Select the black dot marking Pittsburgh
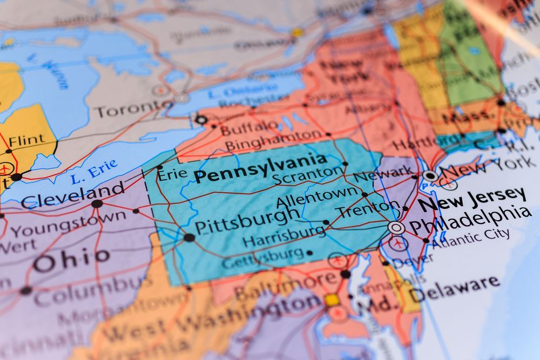[x=189, y=237]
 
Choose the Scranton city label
[x=307, y=175]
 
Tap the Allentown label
[x=316, y=197]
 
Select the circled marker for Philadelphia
[x=396, y=227]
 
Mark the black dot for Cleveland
[x=97, y=203]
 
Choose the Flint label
[x=26, y=140]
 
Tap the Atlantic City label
[x=470, y=238]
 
